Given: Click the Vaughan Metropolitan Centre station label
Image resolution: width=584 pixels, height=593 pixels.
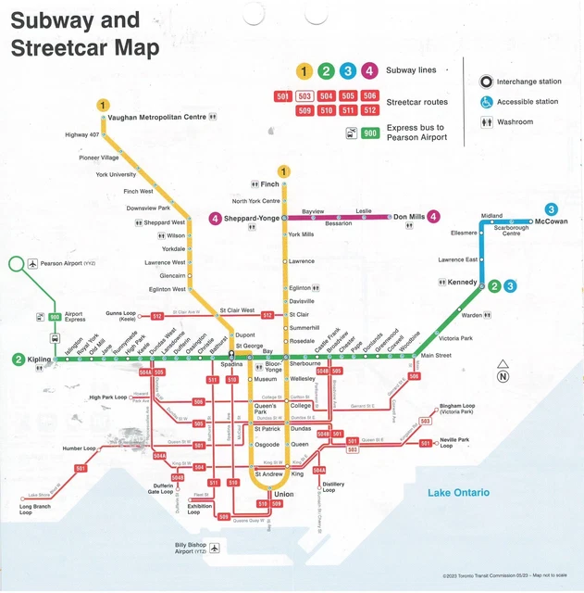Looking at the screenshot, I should pyautogui.click(x=156, y=118).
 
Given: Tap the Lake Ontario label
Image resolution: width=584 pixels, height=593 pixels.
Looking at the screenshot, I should pyautogui.click(x=458, y=493).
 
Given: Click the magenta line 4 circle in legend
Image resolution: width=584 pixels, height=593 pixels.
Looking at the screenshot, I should pyautogui.click(x=369, y=70).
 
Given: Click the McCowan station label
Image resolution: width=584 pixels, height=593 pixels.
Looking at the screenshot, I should pyautogui.click(x=552, y=222).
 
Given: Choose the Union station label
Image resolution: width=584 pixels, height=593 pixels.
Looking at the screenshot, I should pyautogui.click(x=283, y=495).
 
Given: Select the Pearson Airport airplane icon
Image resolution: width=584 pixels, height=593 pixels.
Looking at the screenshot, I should pyautogui.click(x=32, y=264).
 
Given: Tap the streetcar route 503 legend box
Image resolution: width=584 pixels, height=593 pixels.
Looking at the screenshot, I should pyautogui.click(x=304, y=96).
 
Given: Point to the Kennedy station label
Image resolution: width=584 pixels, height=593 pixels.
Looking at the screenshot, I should pyautogui.click(x=462, y=282).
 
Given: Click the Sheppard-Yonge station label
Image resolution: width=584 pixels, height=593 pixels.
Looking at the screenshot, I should pyautogui.click(x=251, y=219).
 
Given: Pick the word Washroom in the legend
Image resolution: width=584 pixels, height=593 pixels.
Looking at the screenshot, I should pyautogui.click(x=515, y=121).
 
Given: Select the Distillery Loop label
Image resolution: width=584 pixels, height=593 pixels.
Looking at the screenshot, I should pyautogui.click(x=334, y=486).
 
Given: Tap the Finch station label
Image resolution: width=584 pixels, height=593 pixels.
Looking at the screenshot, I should pyautogui.click(x=270, y=184).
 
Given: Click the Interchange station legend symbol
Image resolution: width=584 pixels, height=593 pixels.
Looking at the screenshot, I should pyautogui.click(x=485, y=82).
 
